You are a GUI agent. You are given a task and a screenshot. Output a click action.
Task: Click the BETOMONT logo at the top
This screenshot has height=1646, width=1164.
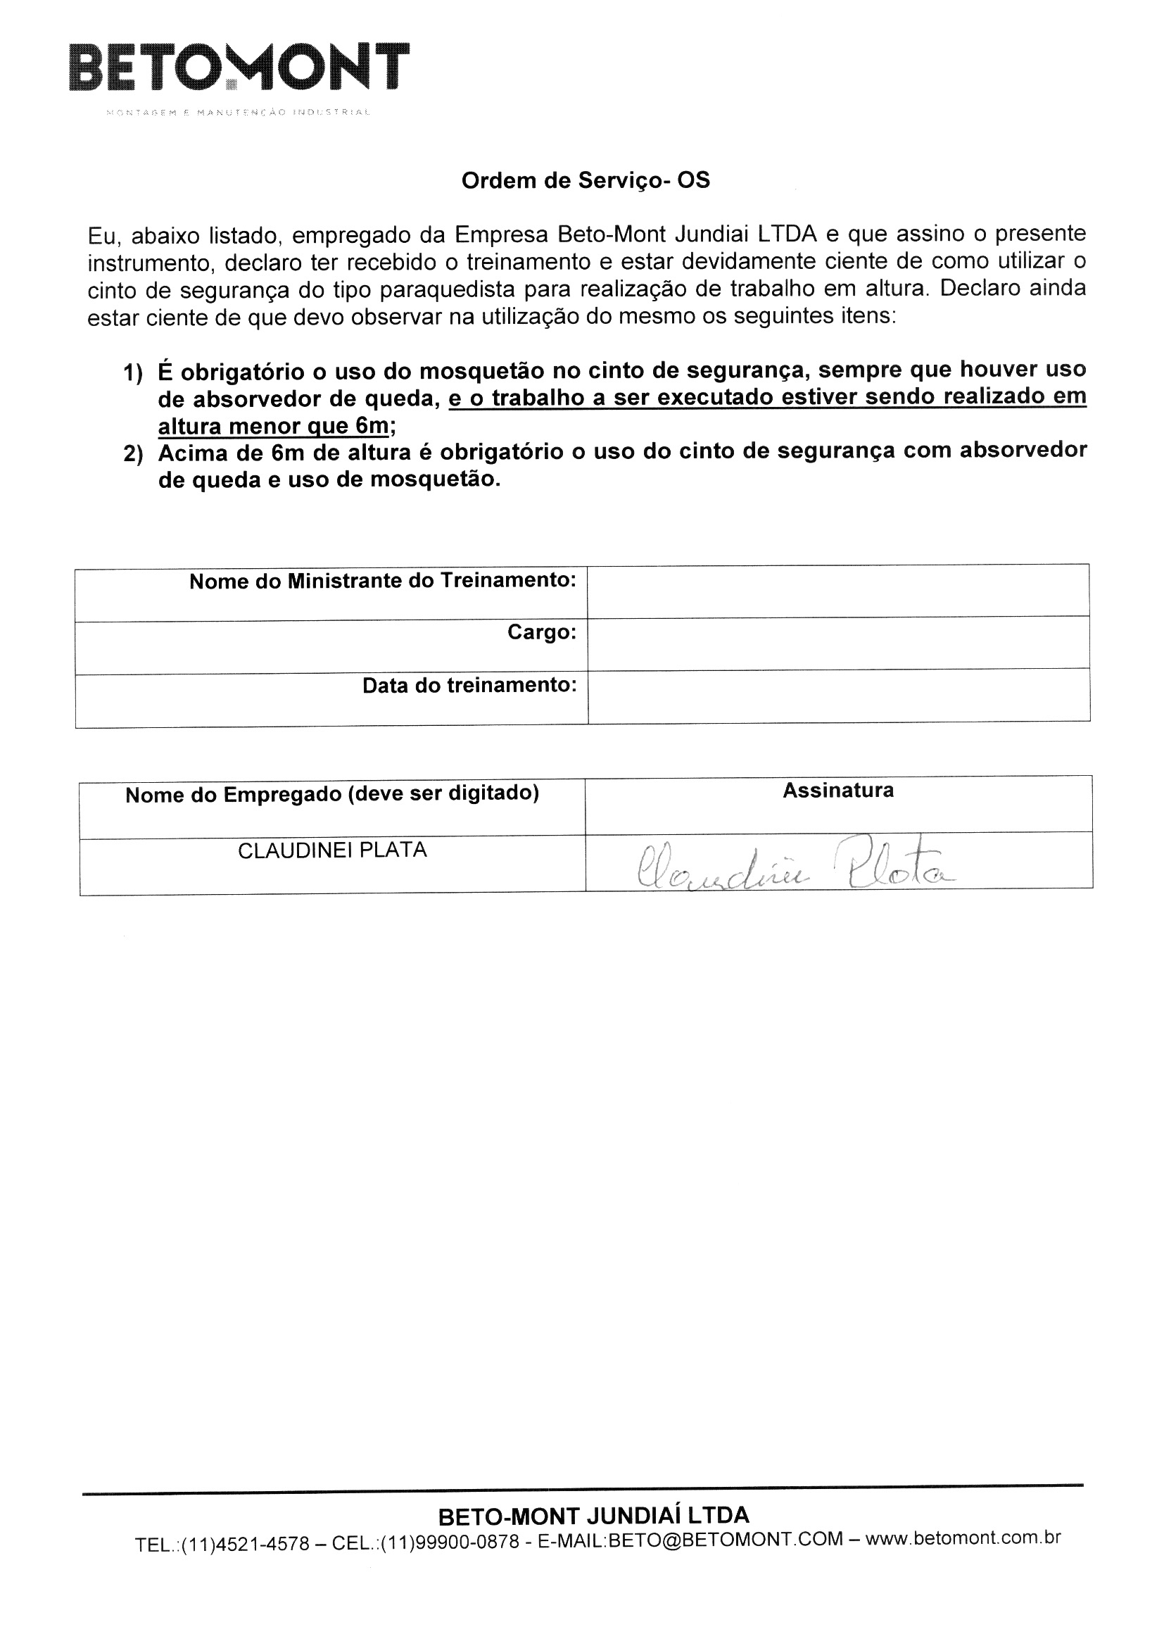pyautogui.click(x=239, y=68)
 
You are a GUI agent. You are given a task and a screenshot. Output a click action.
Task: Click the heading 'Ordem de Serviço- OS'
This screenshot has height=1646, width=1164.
pyautogui.click(x=586, y=181)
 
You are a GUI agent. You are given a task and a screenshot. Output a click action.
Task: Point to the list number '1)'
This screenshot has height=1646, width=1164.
pyautogui.click(x=133, y=373)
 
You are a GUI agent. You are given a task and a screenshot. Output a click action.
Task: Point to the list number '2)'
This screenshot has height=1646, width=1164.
pyautogui.click(x=133, y=455)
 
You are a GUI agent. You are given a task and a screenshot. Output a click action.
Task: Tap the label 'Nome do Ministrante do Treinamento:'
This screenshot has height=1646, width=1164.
pyautogui.click(x=383, y=581)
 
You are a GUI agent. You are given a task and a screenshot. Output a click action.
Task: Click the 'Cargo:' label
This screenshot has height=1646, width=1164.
pyautogui.click(x=542, y=632)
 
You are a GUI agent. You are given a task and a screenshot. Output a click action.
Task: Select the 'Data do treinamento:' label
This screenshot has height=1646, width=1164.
pyautogui.click(x=469, y=685)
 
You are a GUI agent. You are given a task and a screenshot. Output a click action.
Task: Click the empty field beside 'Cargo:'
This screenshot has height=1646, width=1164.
pyautogui.click(x=839, y=643)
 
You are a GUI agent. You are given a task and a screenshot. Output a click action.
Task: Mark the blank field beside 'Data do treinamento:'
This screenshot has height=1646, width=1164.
pyautogui.click(x=839, y=696)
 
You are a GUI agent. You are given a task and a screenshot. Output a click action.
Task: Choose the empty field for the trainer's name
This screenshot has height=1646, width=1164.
pyautogui.click(x=839, y=591)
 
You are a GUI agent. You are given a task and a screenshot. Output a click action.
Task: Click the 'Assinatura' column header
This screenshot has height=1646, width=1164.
pyautogui.click(x=838, y=791)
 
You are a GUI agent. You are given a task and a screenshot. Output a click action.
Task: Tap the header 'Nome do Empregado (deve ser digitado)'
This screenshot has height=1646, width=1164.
pyautogui.click(x=332, y=794)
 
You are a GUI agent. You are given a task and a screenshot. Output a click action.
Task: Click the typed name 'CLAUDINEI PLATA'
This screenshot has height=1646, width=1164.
pyautogui.click(x=332, y=850)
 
